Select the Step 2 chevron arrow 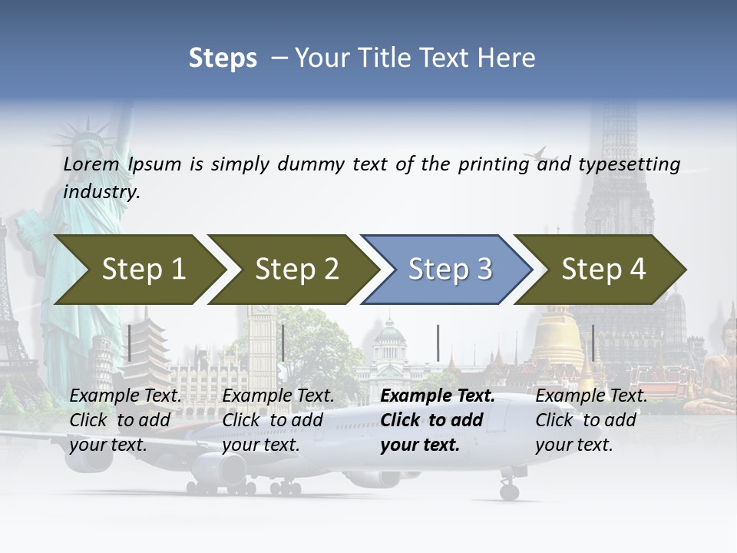click(295, 269)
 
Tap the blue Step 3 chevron click(448, 269)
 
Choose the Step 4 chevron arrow click(602, 269)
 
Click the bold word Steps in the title click(223, 58)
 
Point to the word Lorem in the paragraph click(91, 164)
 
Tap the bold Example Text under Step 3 click(438, 396)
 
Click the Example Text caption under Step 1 click(126, 396)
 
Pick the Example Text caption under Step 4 click(591, 396)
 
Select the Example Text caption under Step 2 click(278, 396)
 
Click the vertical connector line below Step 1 click(130, 343)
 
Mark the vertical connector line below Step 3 click(438, 343)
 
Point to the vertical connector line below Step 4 click(593, 343)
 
